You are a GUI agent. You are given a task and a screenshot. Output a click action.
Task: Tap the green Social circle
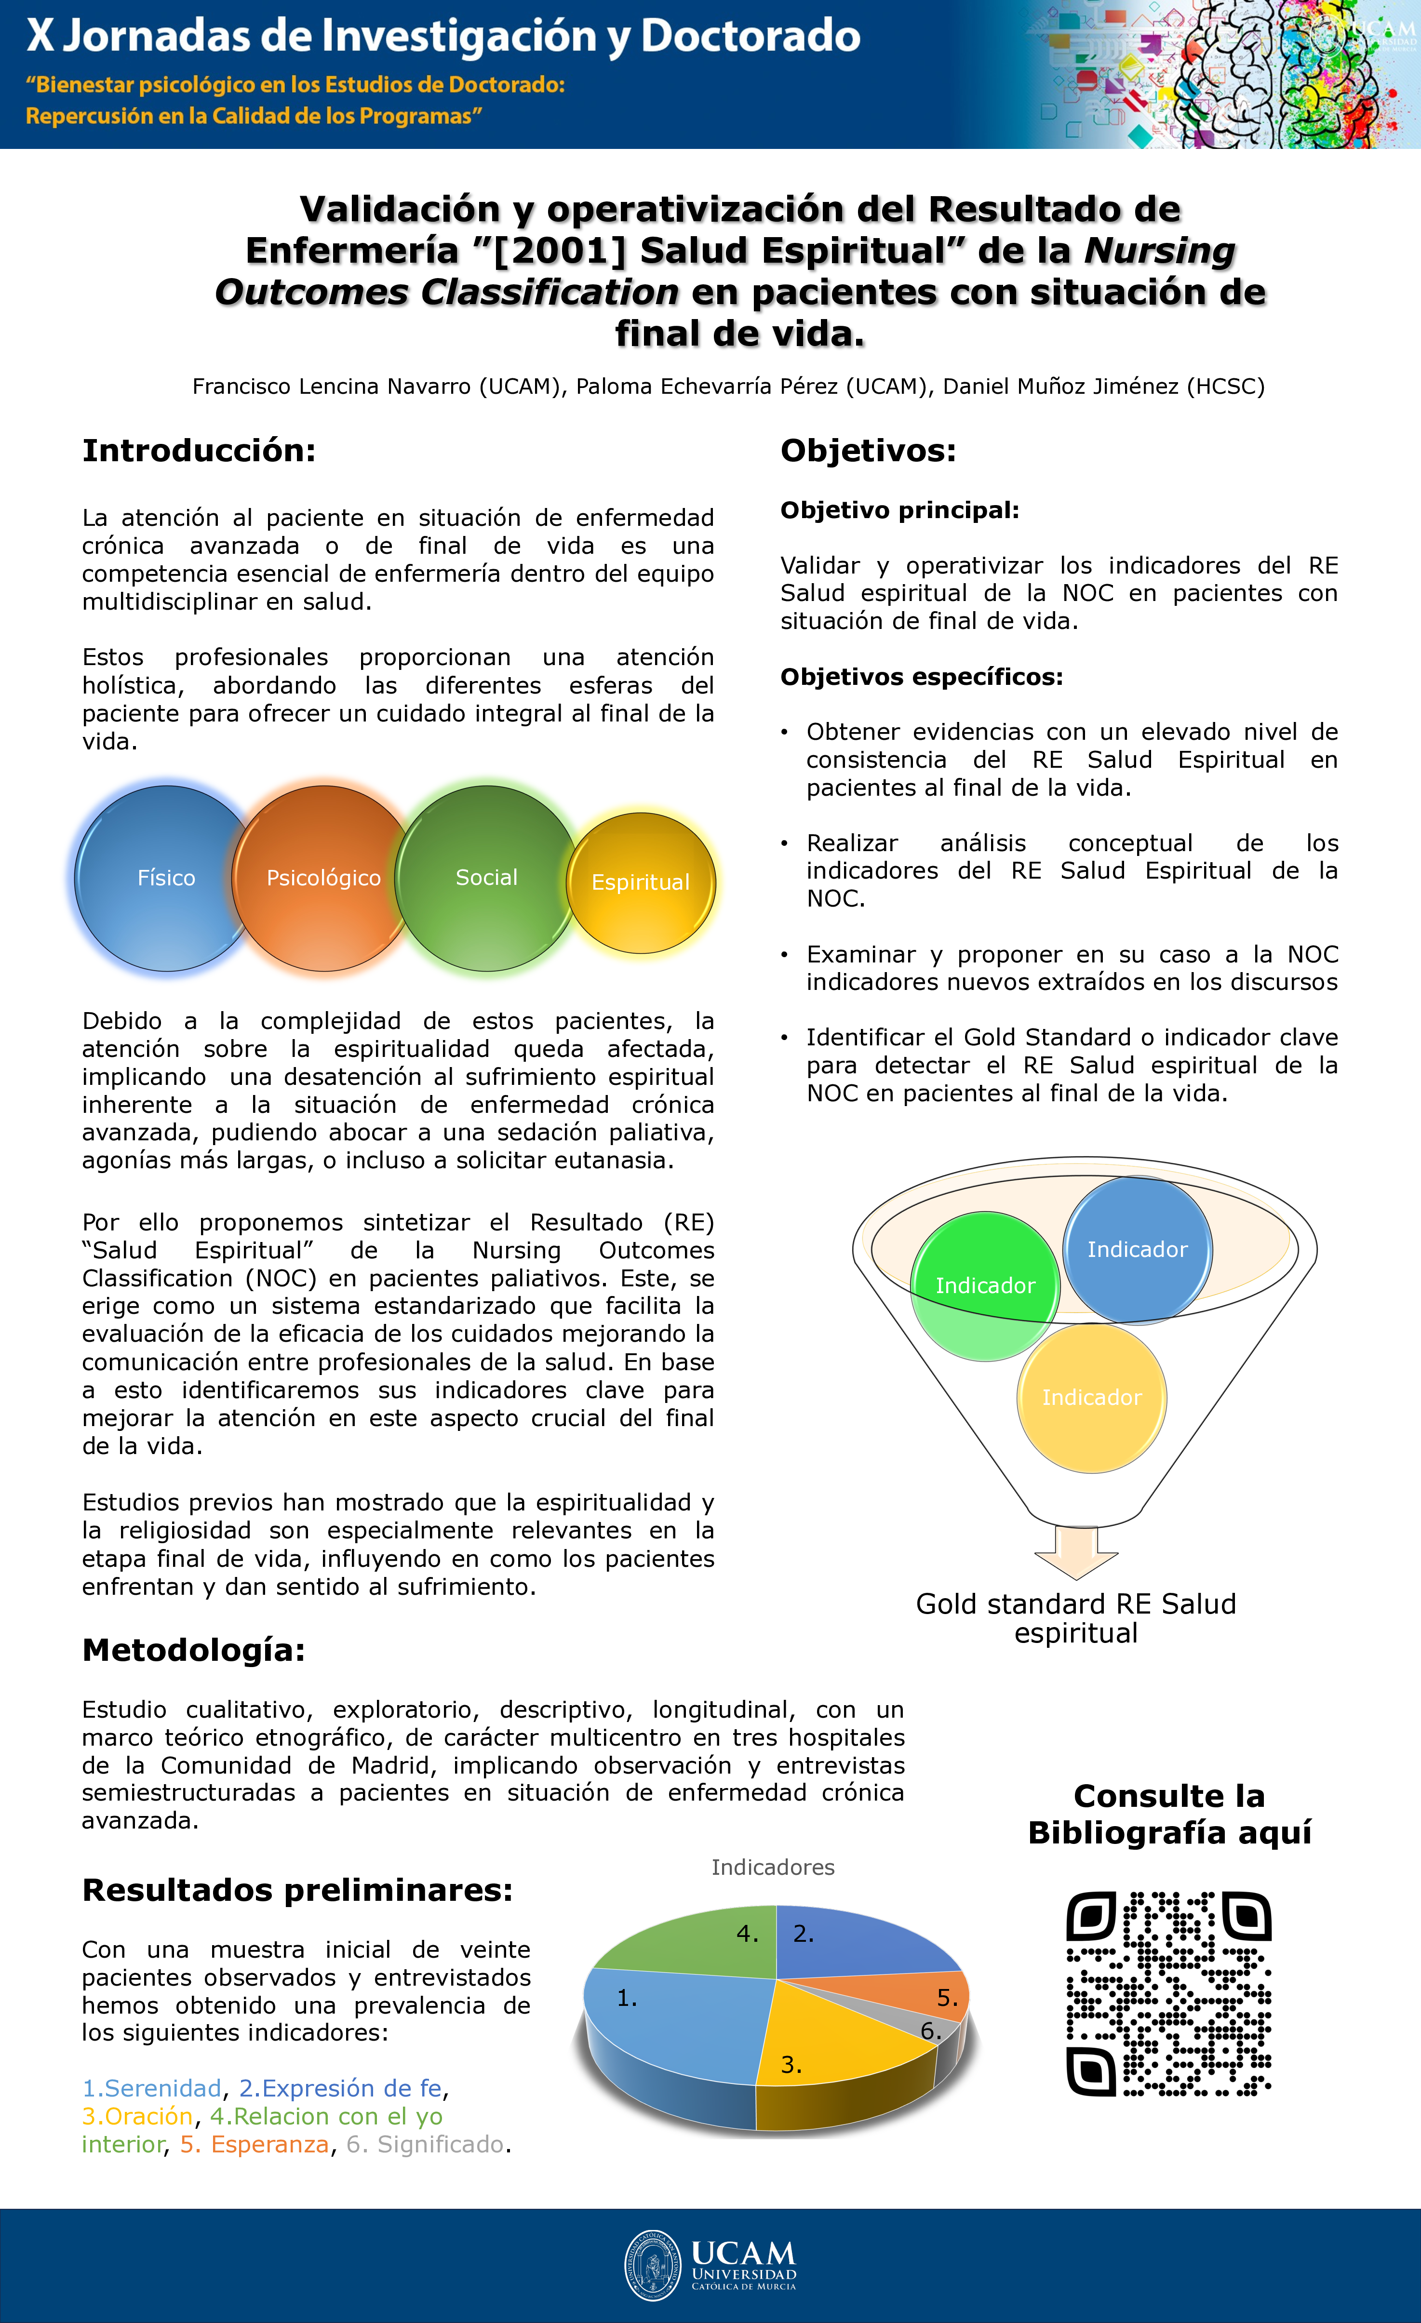tap(486, 878)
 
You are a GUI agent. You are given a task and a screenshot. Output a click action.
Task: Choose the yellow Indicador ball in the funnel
tap(1092, 1397)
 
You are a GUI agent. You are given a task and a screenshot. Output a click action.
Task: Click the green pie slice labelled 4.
tap(698, 1942)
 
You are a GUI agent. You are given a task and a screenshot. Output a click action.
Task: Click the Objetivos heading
tap(868, 451)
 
